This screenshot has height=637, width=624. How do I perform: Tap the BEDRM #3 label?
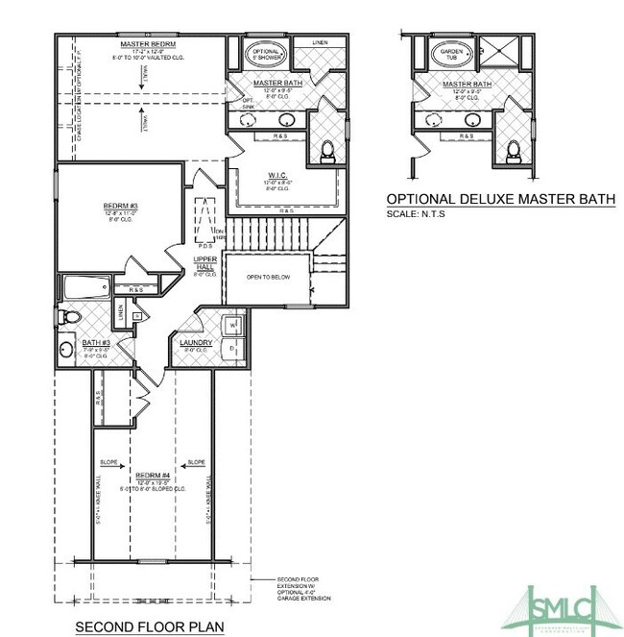click(122, 206)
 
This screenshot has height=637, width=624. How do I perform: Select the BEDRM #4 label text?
click(154, 475)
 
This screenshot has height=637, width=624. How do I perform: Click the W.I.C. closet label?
click(278, 175)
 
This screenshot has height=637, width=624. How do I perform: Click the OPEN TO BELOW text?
click(269, 278)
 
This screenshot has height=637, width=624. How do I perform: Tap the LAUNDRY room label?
click(196, 342)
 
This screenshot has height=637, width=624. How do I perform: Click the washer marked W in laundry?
click(233, 325)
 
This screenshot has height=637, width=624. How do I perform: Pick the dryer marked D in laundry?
click(233, 348)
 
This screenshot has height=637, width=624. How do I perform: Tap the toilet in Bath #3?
click(69, 316)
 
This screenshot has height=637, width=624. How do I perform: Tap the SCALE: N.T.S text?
click(416, 213)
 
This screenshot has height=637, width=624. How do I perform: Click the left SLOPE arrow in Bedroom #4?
click(108, 463)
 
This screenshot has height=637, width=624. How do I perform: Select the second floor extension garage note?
click(303, 588)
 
